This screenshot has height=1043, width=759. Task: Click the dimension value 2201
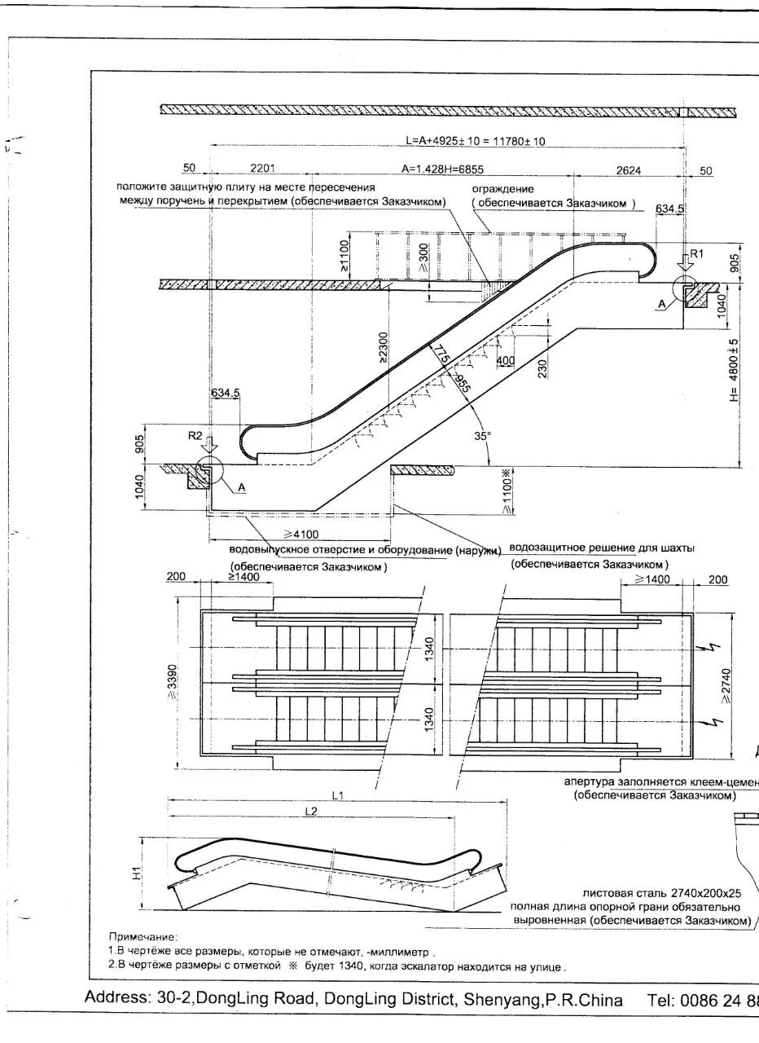[262, 169]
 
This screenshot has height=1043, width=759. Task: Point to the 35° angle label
[483, 437]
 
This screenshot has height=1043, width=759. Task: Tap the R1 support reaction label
[696, 255]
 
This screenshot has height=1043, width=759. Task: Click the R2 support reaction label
[195, 436]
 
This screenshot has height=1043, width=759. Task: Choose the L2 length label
[309, 812]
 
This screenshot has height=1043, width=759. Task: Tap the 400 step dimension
[505, 360]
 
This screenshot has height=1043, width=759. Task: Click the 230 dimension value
[545, 367]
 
